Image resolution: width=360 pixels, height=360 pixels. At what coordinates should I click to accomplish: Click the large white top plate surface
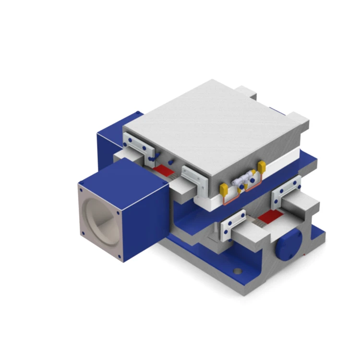pyautogui.click(x=211, y=125)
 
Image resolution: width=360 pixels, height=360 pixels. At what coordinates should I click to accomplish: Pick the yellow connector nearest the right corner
pyautogui.click(x=262, y=167)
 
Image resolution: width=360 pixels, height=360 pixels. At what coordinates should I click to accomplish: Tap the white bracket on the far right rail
pyautogui.click(x=286, y=191)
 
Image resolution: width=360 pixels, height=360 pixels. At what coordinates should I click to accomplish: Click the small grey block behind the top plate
pyautogui.click(x=246, y=91)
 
